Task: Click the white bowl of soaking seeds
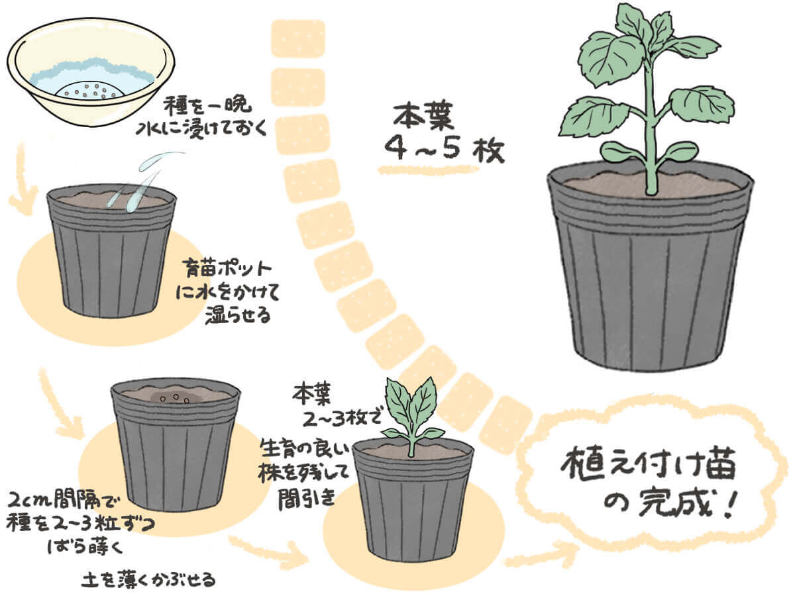(91, 72)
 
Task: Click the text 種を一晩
(207, 106)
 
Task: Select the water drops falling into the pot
(145, 181)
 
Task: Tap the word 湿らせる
(238, 315)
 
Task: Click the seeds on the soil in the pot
(176, 399)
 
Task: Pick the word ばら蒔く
(85, 547)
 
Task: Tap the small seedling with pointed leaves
(413, 416)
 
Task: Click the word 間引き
(306, 499)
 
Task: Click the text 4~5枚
(444, 149)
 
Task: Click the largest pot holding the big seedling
(650, 268)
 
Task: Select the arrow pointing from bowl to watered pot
(20, 181)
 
